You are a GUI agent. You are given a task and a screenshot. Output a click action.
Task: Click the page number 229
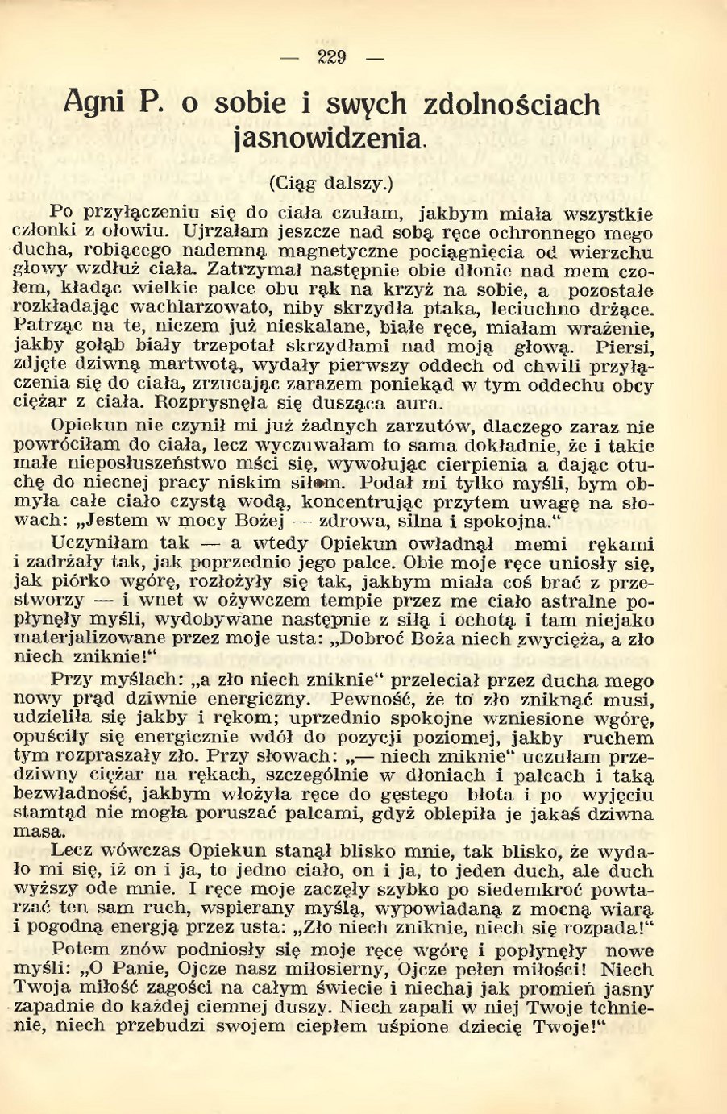[332, 58]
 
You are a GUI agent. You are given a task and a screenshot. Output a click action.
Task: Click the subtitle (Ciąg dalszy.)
[330, 182]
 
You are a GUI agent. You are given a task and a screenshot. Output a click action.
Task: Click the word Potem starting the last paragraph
[79, 950]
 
